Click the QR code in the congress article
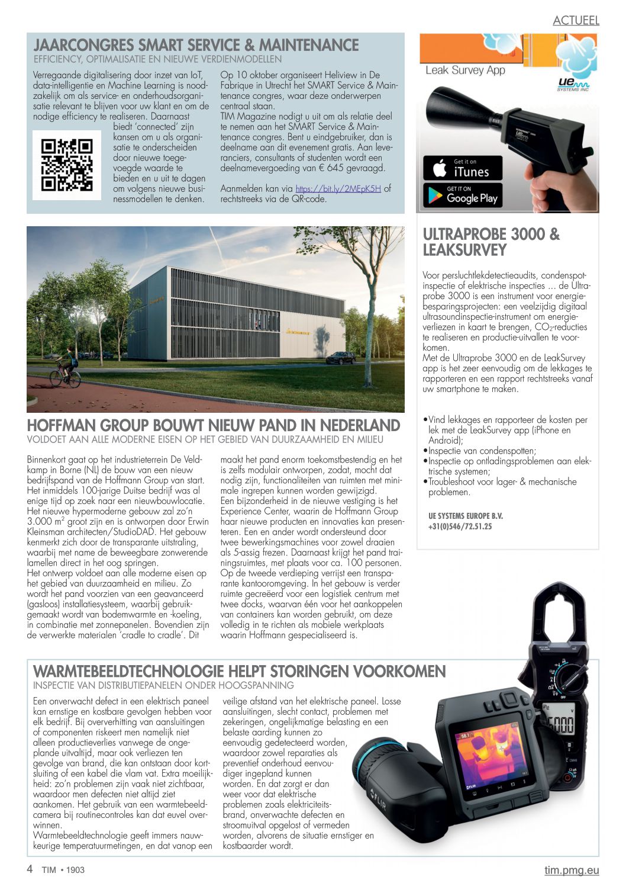(67, 165)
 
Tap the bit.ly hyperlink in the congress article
(338, 189)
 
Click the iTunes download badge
(463, 168)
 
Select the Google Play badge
(463, 195)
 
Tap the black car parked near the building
(341, 358)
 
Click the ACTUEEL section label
(576, 21)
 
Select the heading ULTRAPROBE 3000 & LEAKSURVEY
(491, 242)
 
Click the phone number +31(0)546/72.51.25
(460, 527)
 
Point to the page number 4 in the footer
(30, 869)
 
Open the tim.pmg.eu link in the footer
(572, 870)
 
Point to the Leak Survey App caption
(465, 70)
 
